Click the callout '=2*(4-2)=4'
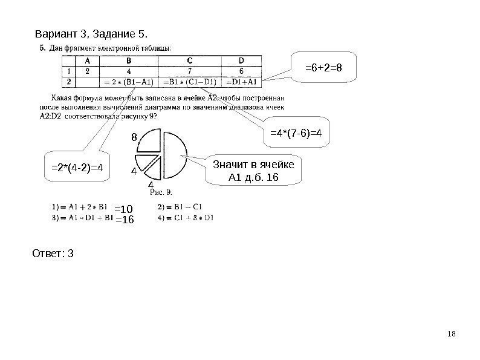point(77,168)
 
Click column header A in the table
point(87,60)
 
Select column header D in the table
point(241,60)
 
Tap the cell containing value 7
point(190,70)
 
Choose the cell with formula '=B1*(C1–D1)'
point(190,80)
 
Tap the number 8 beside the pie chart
point(134,138)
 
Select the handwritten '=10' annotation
point(123,209)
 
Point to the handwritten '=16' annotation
point(123,219)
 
